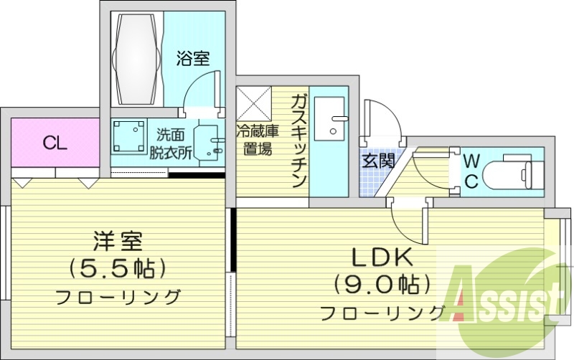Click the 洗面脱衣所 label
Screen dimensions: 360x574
click(175, 142)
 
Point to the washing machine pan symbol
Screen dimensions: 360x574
click(130, 137)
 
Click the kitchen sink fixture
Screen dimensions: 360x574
click(331, 118)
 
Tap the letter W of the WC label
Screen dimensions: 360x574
click(471, 159)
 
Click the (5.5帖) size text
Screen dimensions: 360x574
click(118, 269)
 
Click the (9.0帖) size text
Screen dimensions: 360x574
click(379, 285)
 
